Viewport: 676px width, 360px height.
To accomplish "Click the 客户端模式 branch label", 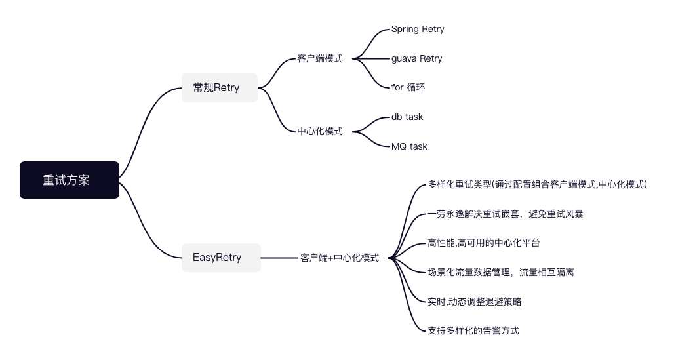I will pyautogui.click(x=320, y=58).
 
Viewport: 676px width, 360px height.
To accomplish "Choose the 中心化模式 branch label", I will pyautogui.click(x=320, y=131).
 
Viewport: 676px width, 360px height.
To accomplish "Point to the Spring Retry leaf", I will pyautogui.click(x=418, y=29).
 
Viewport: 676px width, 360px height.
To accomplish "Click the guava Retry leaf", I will pyautogui.click(x=416, y=58).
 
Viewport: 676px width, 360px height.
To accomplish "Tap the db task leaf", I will pyautogui.click(x=407, y=117).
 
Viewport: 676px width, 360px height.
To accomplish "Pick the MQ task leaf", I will pyautogui.click(x=409, y=146).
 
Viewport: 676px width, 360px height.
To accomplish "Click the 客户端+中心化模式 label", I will pyautogui.click(x=340, y=258).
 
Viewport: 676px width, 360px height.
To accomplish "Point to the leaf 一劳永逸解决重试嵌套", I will pyautogui.click(x=505, y=214).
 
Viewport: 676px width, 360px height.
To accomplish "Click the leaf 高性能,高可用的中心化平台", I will pyautogui.click(x=484, y=243).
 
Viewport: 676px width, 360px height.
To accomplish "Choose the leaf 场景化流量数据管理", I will pyautogui.click(x=501, y=272).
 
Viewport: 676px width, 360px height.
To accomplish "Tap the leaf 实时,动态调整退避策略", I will pyautogui.click(x=475, y=302).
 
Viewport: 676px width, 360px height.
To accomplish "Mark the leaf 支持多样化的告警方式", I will pyautogui.click(x=473, y=330).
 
